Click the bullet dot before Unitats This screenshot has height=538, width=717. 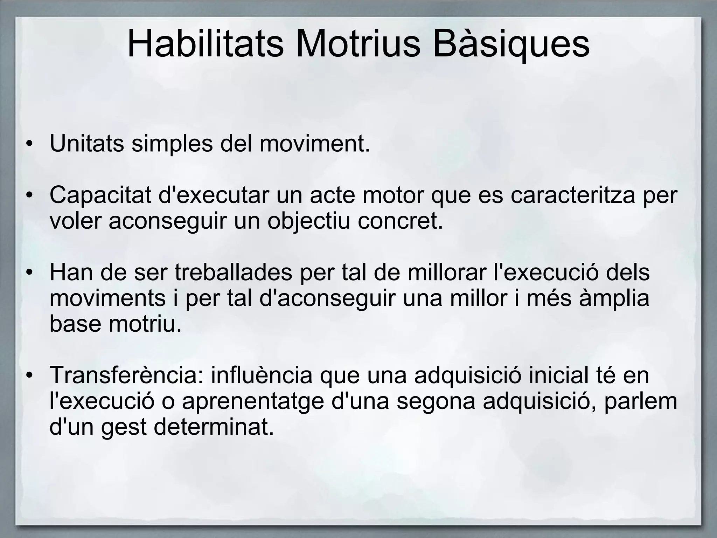point(30,144)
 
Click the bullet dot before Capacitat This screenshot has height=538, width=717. point(30,195)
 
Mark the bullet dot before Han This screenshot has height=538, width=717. point(30,273)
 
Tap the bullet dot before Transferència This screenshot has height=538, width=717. point(30,376)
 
